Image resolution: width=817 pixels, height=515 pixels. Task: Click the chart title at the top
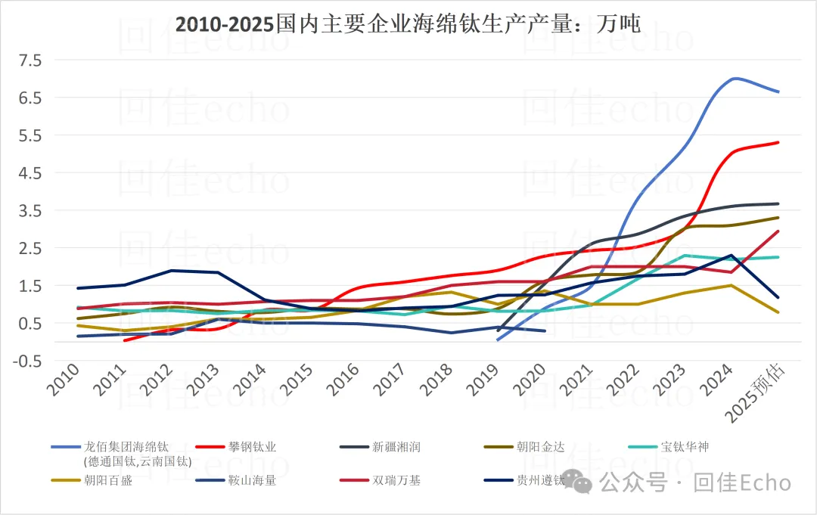coord(408,25)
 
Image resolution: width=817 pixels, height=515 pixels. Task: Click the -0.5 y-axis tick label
coord(27,361)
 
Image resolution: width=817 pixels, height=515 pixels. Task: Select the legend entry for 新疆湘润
coord(396,447)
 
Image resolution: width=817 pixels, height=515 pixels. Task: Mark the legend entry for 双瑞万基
coord(396,479)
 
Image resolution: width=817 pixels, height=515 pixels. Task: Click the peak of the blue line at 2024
coord(734,78)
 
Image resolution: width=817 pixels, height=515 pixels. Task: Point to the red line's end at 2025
coord(778,142)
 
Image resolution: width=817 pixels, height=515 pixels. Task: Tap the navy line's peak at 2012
coord(172,270)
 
